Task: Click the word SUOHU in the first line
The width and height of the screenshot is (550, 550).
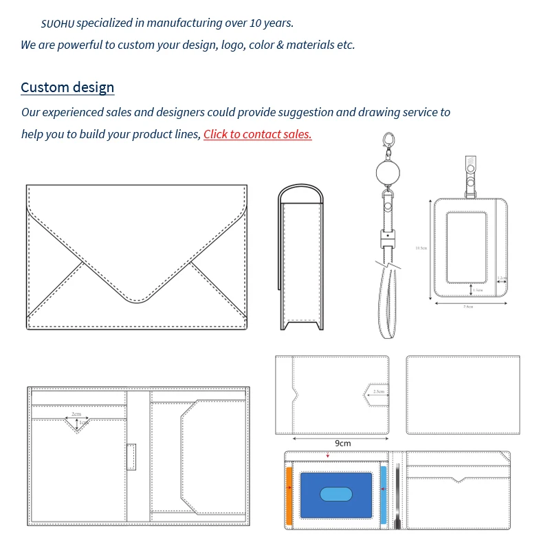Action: (x=57, y=24)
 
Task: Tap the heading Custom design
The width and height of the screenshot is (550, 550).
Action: (x=67, y=87)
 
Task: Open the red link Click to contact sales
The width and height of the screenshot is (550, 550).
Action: (x=257, y=134)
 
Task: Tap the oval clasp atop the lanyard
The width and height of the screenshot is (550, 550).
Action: (x=390, y=140)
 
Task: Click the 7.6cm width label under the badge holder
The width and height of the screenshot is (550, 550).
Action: (x=467, y=306)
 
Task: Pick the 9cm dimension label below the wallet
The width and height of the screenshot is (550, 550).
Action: (x=342, y=443)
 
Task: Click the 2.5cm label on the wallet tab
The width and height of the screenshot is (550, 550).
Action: (x=379, y=392)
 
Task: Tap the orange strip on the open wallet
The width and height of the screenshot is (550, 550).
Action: (x=289, y=494)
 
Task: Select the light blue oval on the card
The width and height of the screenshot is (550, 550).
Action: (x=336, y=494)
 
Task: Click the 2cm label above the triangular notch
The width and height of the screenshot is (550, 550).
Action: (x=76, y=414)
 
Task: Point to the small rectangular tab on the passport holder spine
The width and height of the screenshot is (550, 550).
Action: (x=131, y=456)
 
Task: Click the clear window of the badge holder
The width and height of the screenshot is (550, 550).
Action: (x=467, y=247)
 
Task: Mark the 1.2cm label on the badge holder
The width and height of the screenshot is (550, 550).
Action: (x=502, y=278)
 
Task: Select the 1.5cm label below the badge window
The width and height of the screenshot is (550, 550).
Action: (x=478, y=290)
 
